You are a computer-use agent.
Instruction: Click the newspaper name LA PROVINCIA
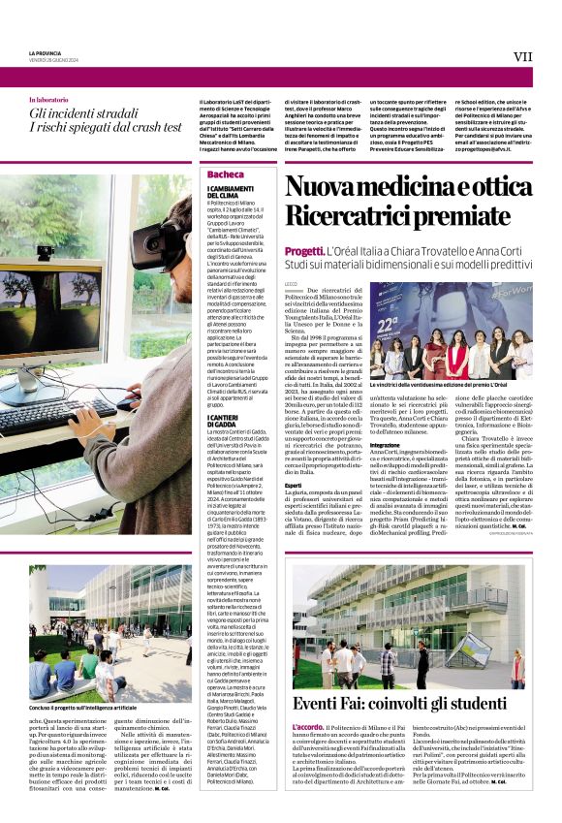(46, 52)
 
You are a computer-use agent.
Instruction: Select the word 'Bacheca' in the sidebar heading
(226, 174)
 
